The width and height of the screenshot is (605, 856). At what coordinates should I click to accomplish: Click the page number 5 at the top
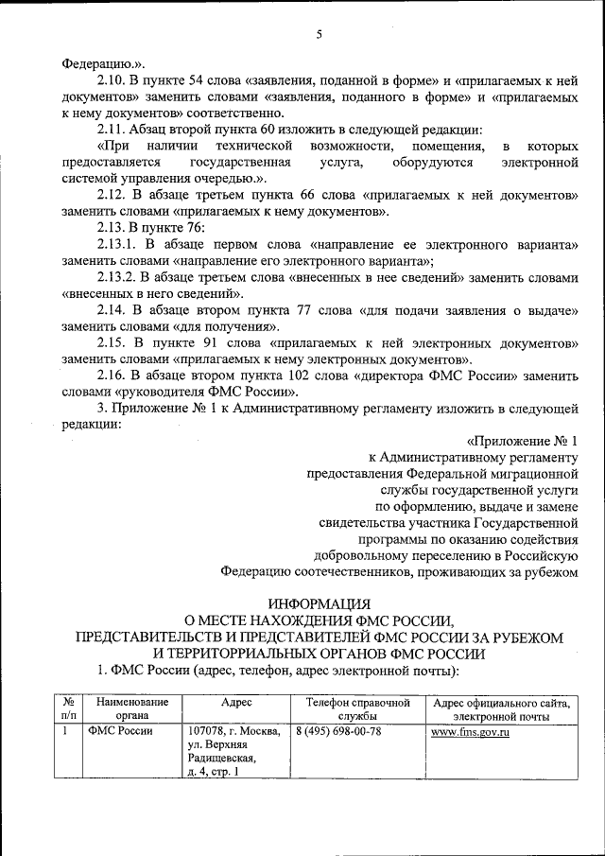pyautogui.click(x=320, y=35)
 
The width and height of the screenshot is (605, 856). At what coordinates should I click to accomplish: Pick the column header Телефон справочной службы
pyautogui.click(x=357, y=710)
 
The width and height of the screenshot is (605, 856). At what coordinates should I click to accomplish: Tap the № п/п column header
pyautogui.click(x=68, y=710)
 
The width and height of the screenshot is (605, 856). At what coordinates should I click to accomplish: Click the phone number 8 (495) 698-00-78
pyautogui.click(x=338, y=732)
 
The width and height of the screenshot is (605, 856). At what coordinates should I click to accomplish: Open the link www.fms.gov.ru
pyautogui.click(x=471, y=732)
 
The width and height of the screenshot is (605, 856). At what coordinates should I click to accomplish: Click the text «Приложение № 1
pyautogui.click(x=535, y=442)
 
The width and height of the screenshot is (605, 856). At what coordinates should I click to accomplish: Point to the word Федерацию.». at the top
pyautogui.click(x=103, y=63)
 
